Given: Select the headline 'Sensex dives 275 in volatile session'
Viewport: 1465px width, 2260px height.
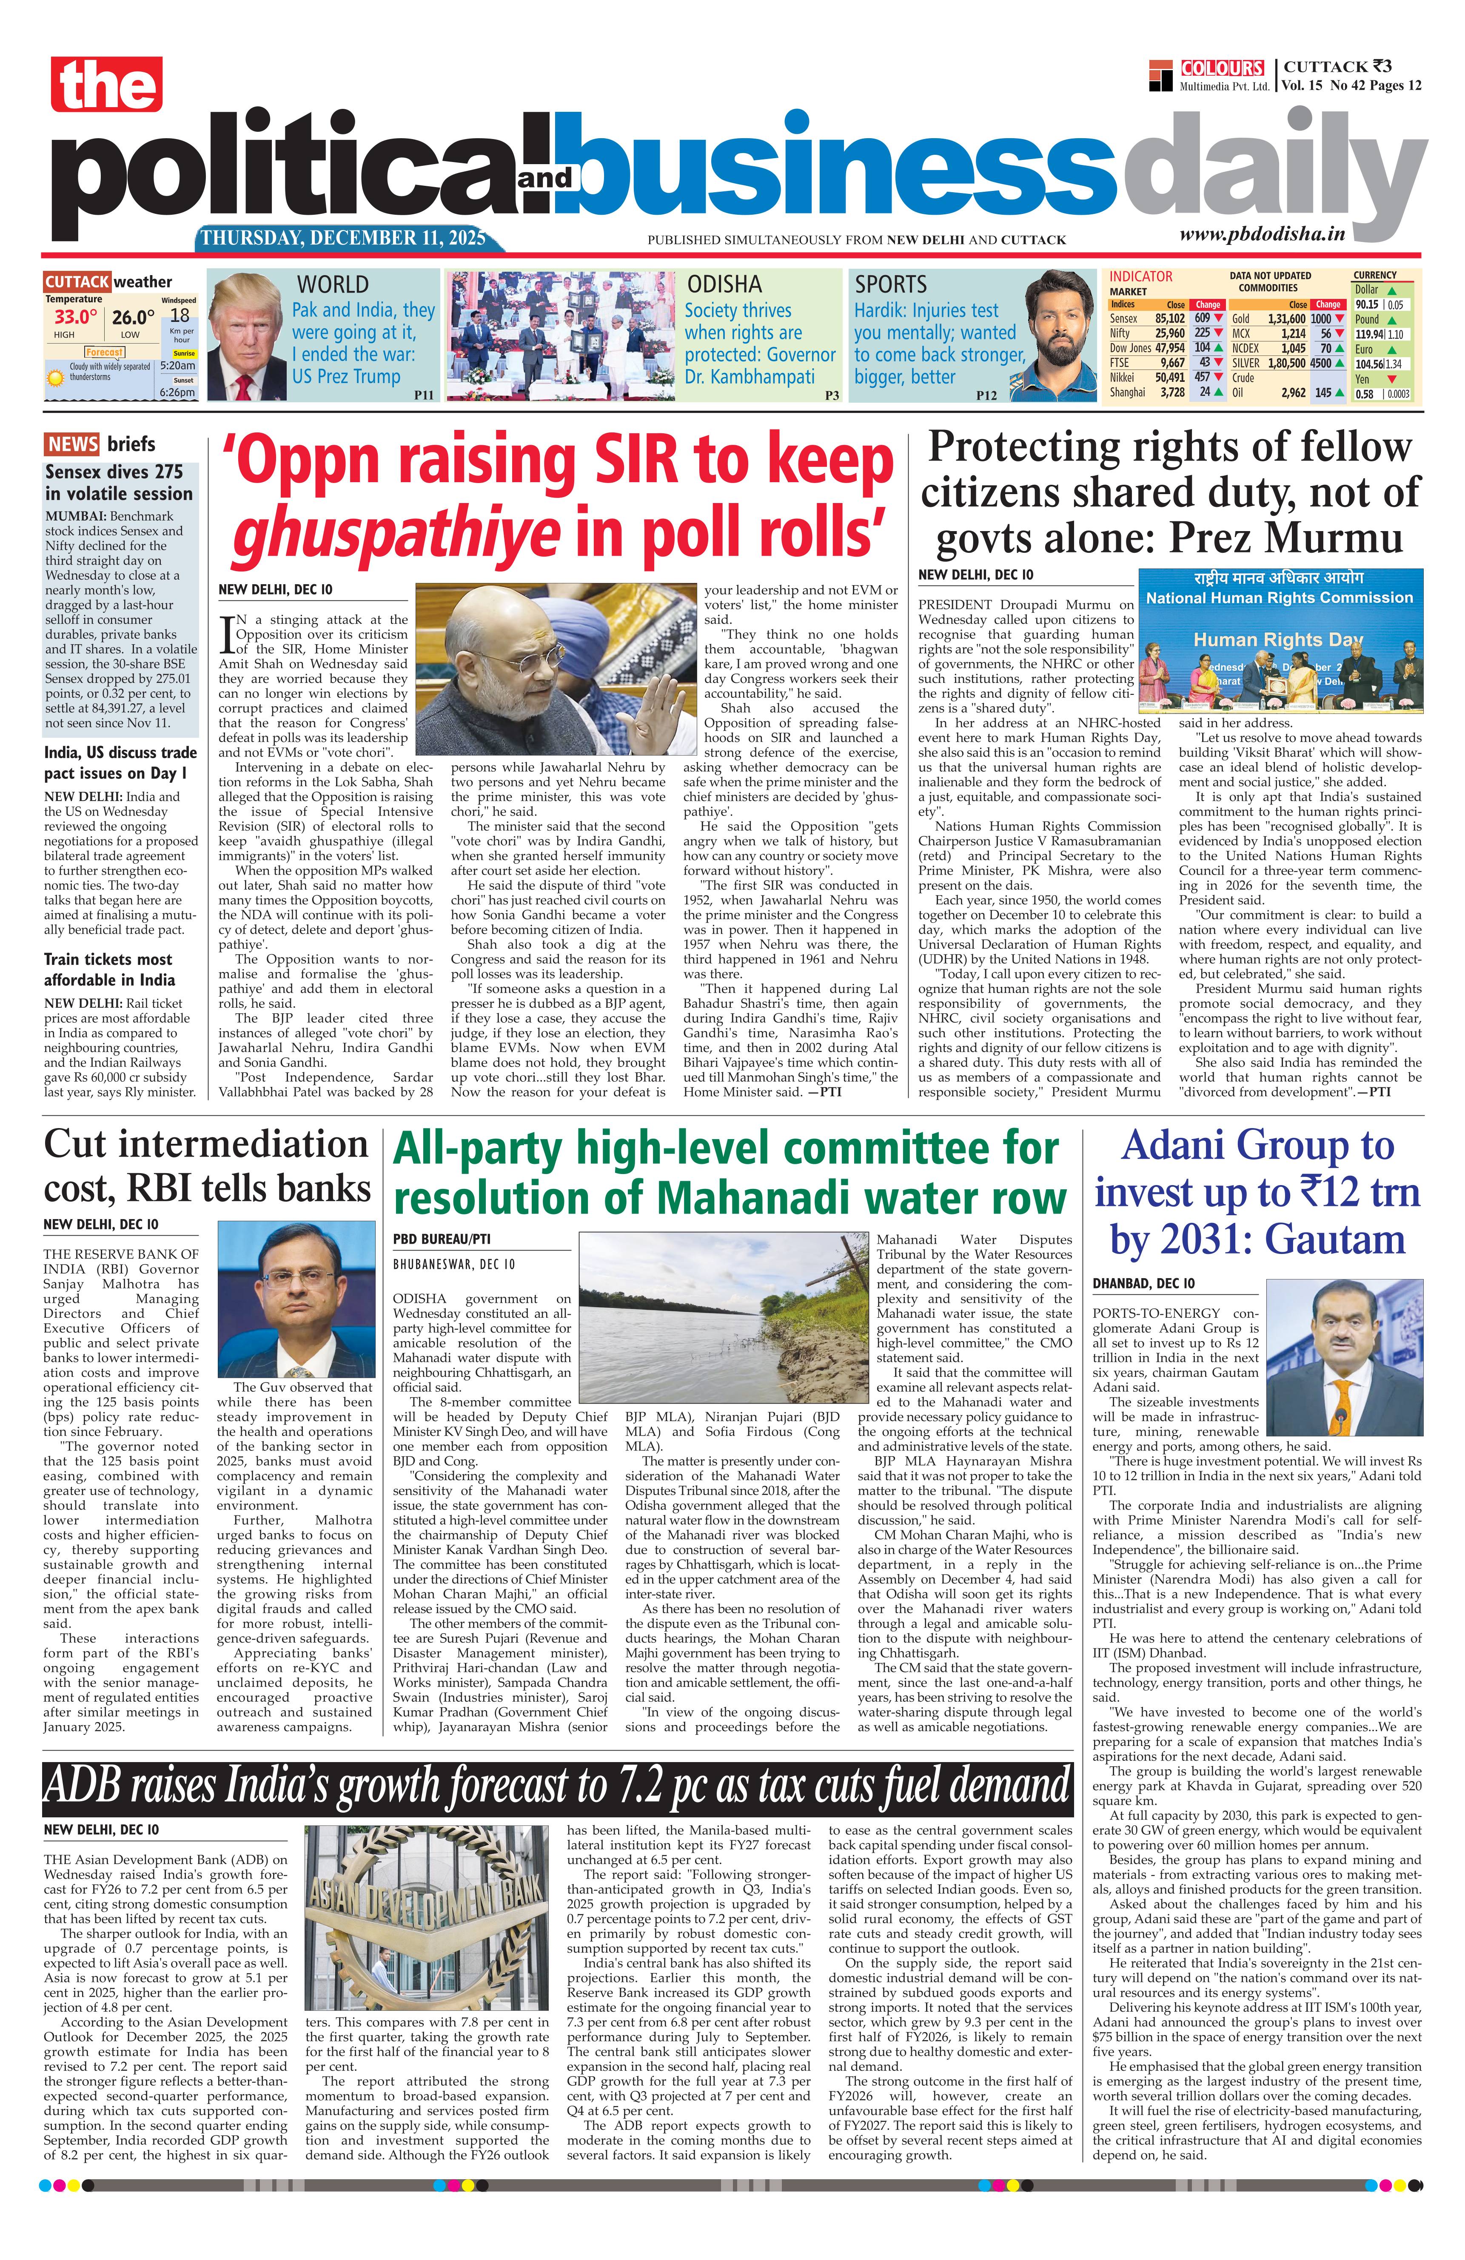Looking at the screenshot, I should pos(119,482).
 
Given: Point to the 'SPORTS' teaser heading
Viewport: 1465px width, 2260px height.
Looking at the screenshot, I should pos(890,284).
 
